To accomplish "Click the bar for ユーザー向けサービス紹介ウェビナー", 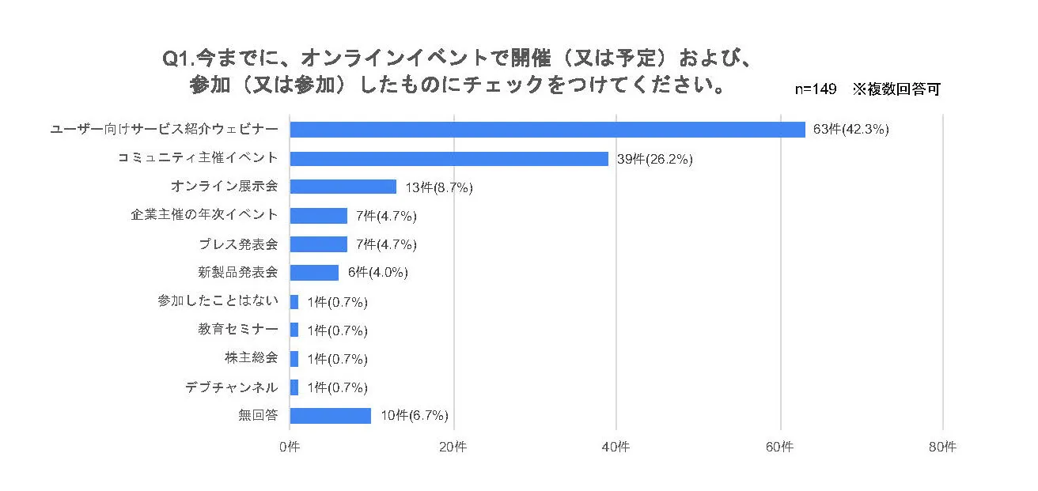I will click(547, 130).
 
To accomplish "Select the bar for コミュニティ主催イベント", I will click(449, 158).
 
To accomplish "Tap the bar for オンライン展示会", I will click(343, 187).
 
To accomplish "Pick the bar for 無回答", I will click(330, 415).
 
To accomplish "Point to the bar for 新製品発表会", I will click(314, 273).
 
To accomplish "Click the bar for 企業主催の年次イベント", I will click(318, 215).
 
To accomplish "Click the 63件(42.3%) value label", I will click(851, 130).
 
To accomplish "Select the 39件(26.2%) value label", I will click(654, 159).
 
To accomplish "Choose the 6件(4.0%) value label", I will click(377, 273).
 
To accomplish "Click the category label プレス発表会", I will click(241, 244).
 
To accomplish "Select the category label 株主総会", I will click(251, 358).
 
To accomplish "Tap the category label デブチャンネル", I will click(231, 387).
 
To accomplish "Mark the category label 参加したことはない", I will click(218, 301).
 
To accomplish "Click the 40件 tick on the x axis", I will click(616, 447).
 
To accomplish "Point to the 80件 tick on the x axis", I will click(942, 447).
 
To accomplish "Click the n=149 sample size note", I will click(816, 89).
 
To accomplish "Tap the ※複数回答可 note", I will click(896, 89).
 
